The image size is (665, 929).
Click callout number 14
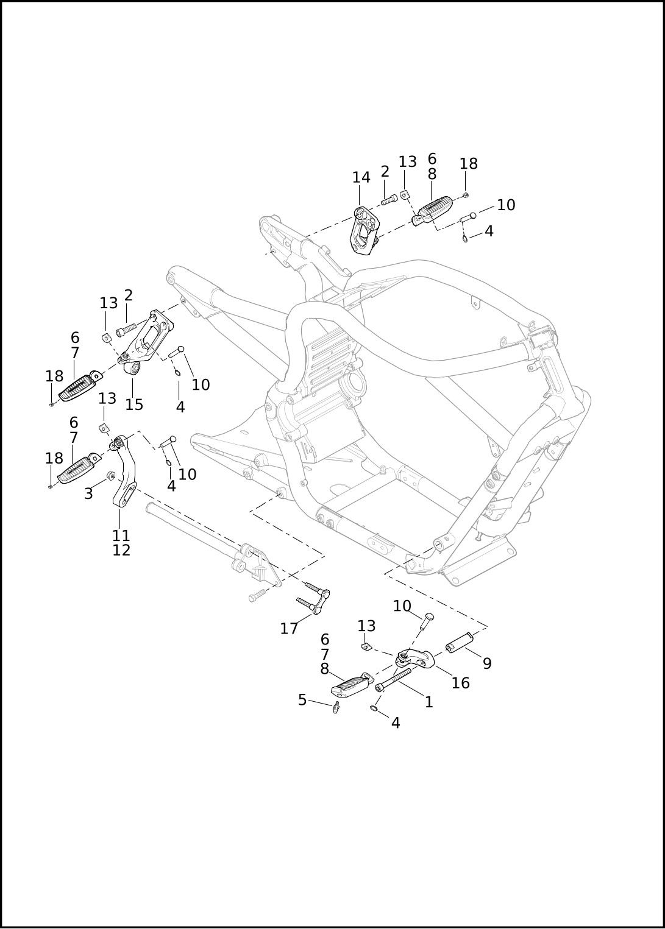click(x=361, y=177)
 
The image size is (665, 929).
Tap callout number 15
click(x=134, y=404)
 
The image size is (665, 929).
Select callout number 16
click(x=460, y=683)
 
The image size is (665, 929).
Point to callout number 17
click(x=289, y=628)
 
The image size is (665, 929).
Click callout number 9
click(x=487, y=663)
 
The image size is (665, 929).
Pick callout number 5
click(x=302, y=700)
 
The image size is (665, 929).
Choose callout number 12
click(x=121, y=549)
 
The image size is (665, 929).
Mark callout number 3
click(x=88, y=493)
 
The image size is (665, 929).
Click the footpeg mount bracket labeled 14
click(x=364, y=230)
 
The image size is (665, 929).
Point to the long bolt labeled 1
click(x=395, y=679)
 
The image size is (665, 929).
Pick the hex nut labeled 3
click(x=111, y=476)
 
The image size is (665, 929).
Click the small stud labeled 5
click(x=336, y=707)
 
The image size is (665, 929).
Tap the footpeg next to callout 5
click(x=351, y=686)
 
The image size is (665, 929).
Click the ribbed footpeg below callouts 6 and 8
click(x=434, y=210)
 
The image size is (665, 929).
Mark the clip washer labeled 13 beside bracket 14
click(x=404, y=194)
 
